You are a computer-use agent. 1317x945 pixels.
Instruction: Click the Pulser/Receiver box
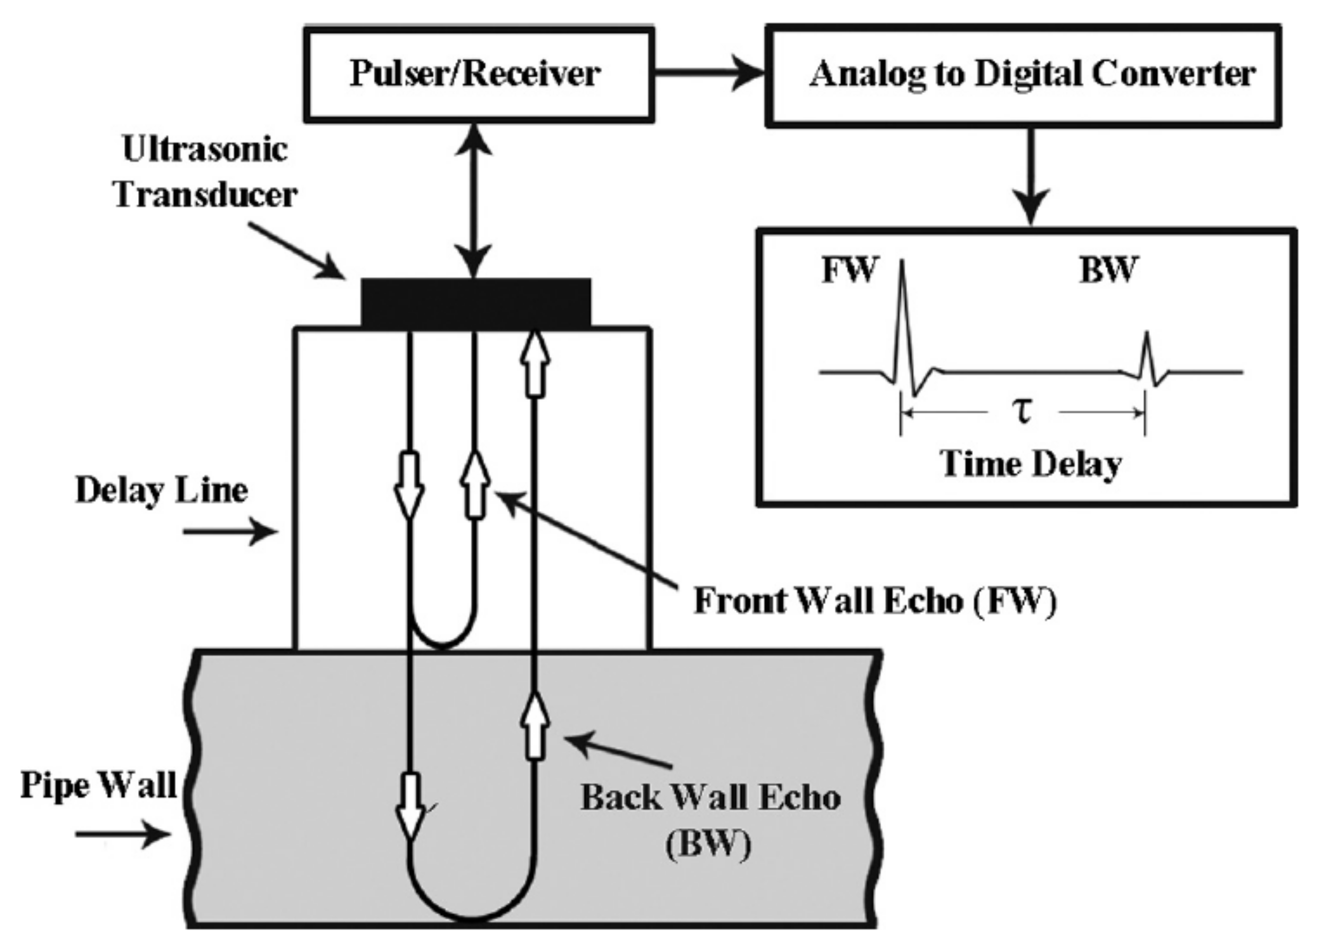tap(479, 74)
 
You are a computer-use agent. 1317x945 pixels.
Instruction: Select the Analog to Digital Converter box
tap(1023, 75)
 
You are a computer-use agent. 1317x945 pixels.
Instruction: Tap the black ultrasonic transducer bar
tap(476, 303)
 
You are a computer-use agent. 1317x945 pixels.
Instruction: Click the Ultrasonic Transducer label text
tap(206, 172)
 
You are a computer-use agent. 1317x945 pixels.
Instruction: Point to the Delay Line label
tap(161, 491)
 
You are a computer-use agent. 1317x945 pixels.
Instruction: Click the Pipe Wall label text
tap(98, 785)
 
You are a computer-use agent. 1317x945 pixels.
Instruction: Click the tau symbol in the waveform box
tap(1023, 411)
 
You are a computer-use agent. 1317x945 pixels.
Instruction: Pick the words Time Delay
tap(1031, 465)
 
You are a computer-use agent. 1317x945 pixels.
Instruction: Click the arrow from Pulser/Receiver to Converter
tap(708, 73)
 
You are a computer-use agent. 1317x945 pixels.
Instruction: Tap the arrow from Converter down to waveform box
tap(1031, 174)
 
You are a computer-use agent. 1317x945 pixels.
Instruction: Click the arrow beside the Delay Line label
tap(229, 530)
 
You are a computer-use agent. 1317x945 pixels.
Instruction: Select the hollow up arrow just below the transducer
tap(535, 363)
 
